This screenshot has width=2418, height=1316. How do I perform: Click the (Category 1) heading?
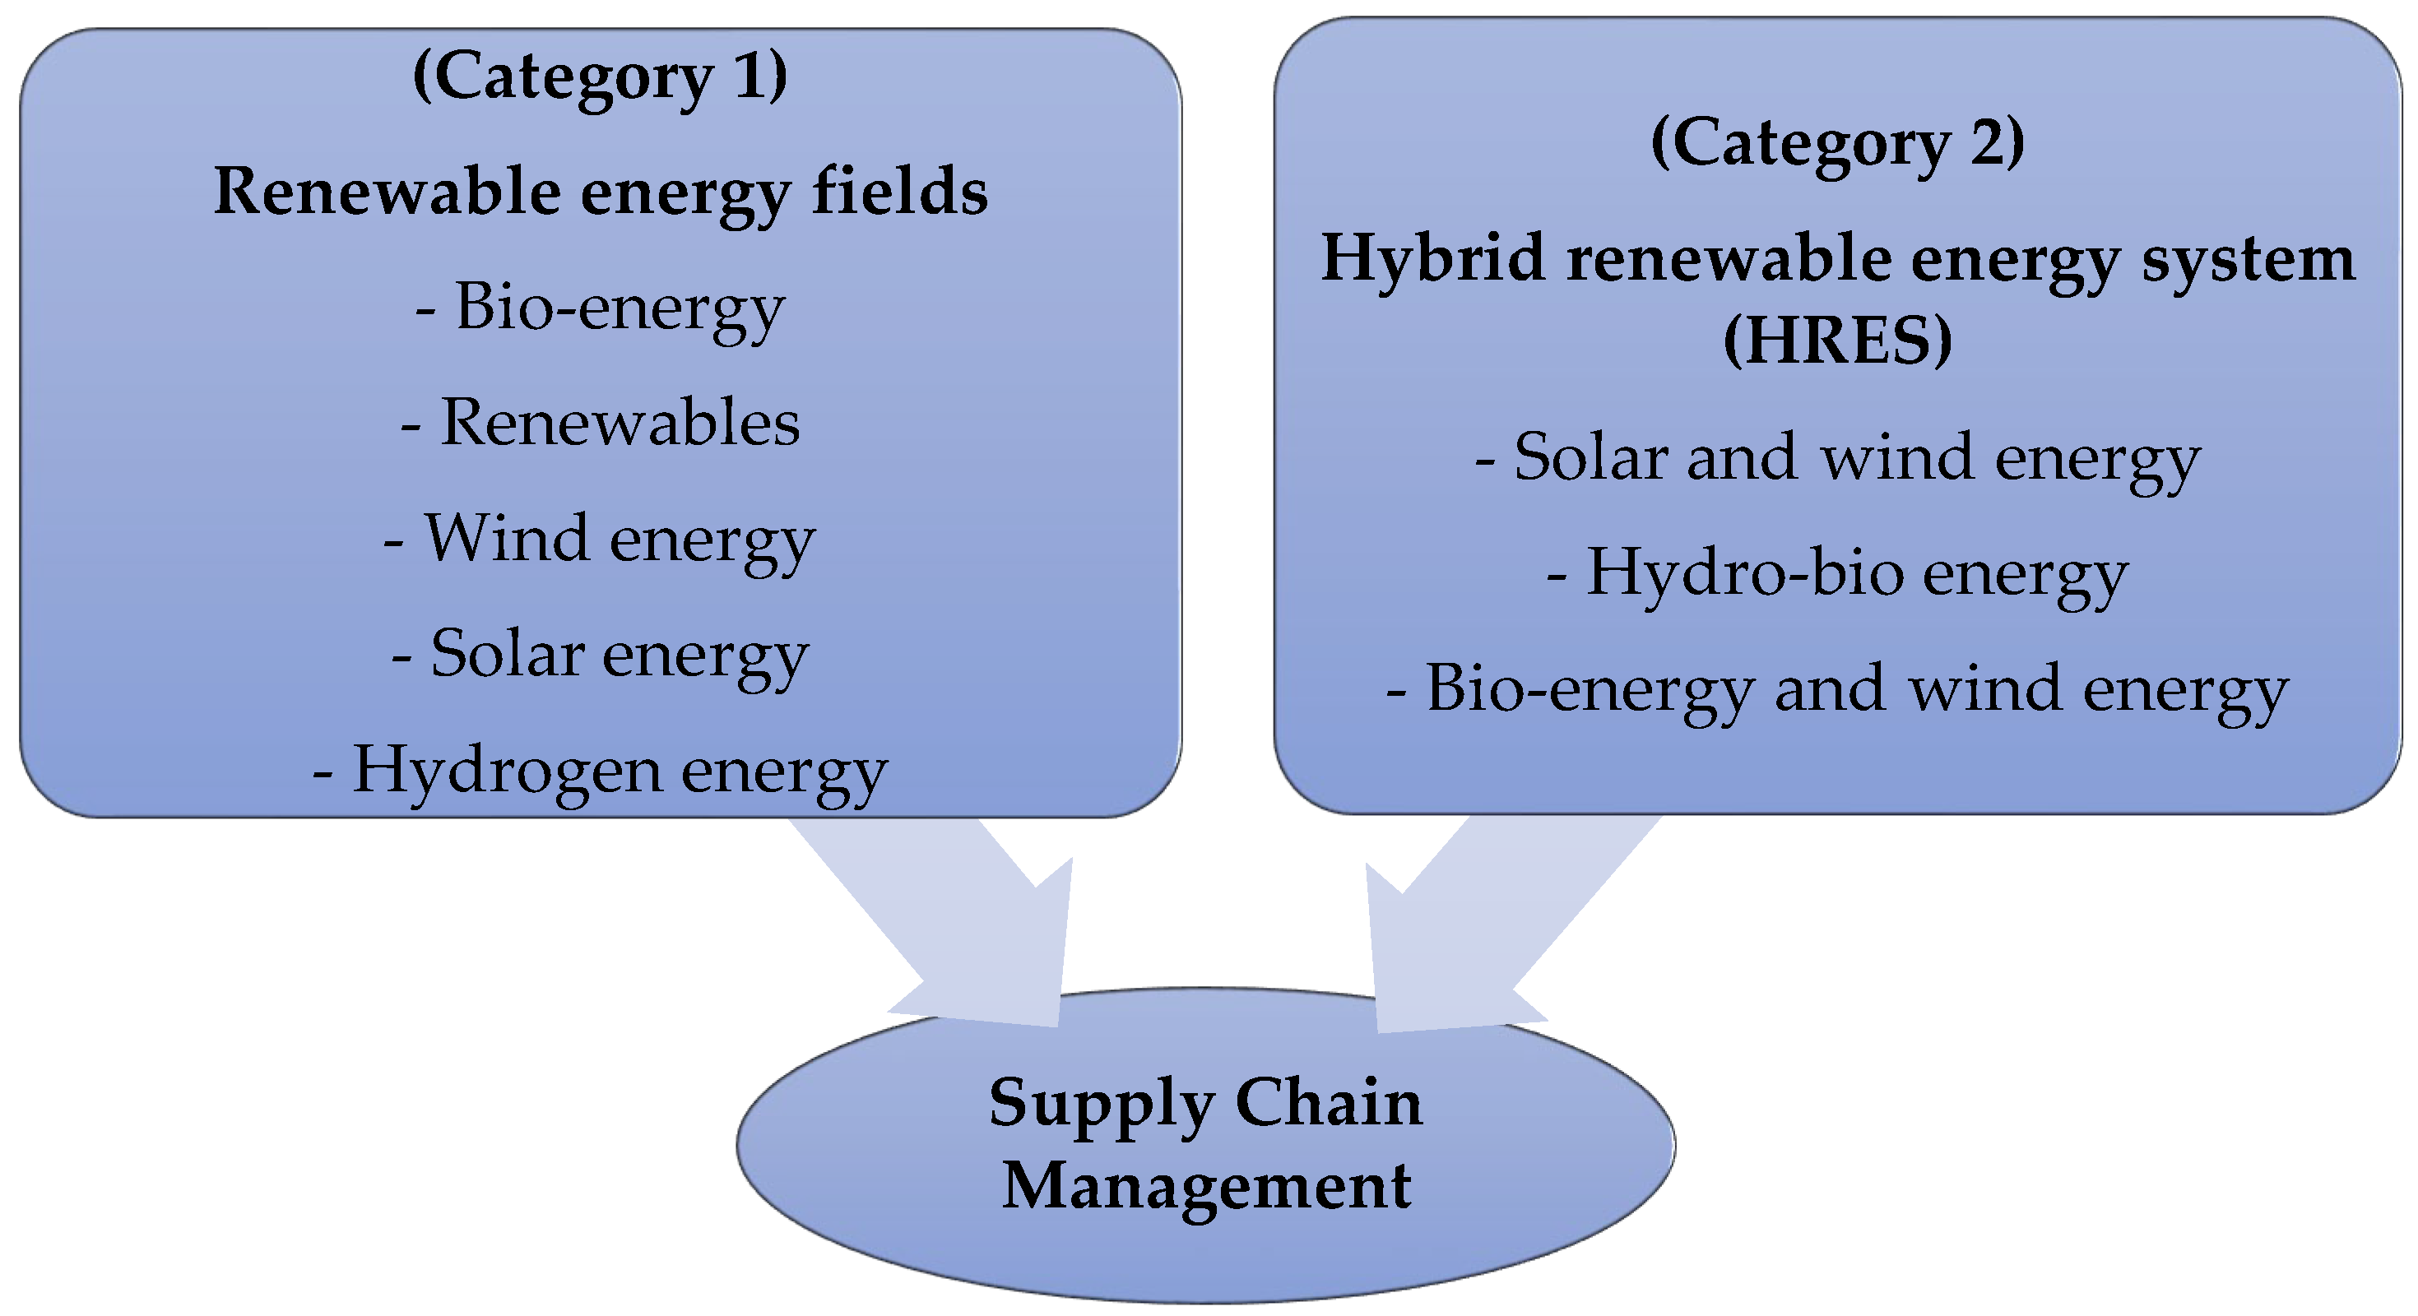pos(600,77)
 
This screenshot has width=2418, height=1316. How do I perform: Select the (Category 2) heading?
pos(1837,144)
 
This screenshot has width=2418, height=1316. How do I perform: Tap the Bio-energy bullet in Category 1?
pos(600,308)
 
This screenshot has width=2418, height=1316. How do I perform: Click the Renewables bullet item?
pos(600,423)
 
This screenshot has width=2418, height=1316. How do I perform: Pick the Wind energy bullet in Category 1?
pos(600,540)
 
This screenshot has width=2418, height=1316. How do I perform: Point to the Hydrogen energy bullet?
pos(600,772)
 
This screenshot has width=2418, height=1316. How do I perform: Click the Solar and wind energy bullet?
pos(1837,459)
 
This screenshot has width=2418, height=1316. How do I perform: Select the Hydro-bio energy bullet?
pos(1837,573)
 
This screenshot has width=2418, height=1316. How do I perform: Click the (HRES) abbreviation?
pos(1837,340)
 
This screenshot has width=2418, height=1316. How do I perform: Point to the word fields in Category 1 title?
pos(899,192)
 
